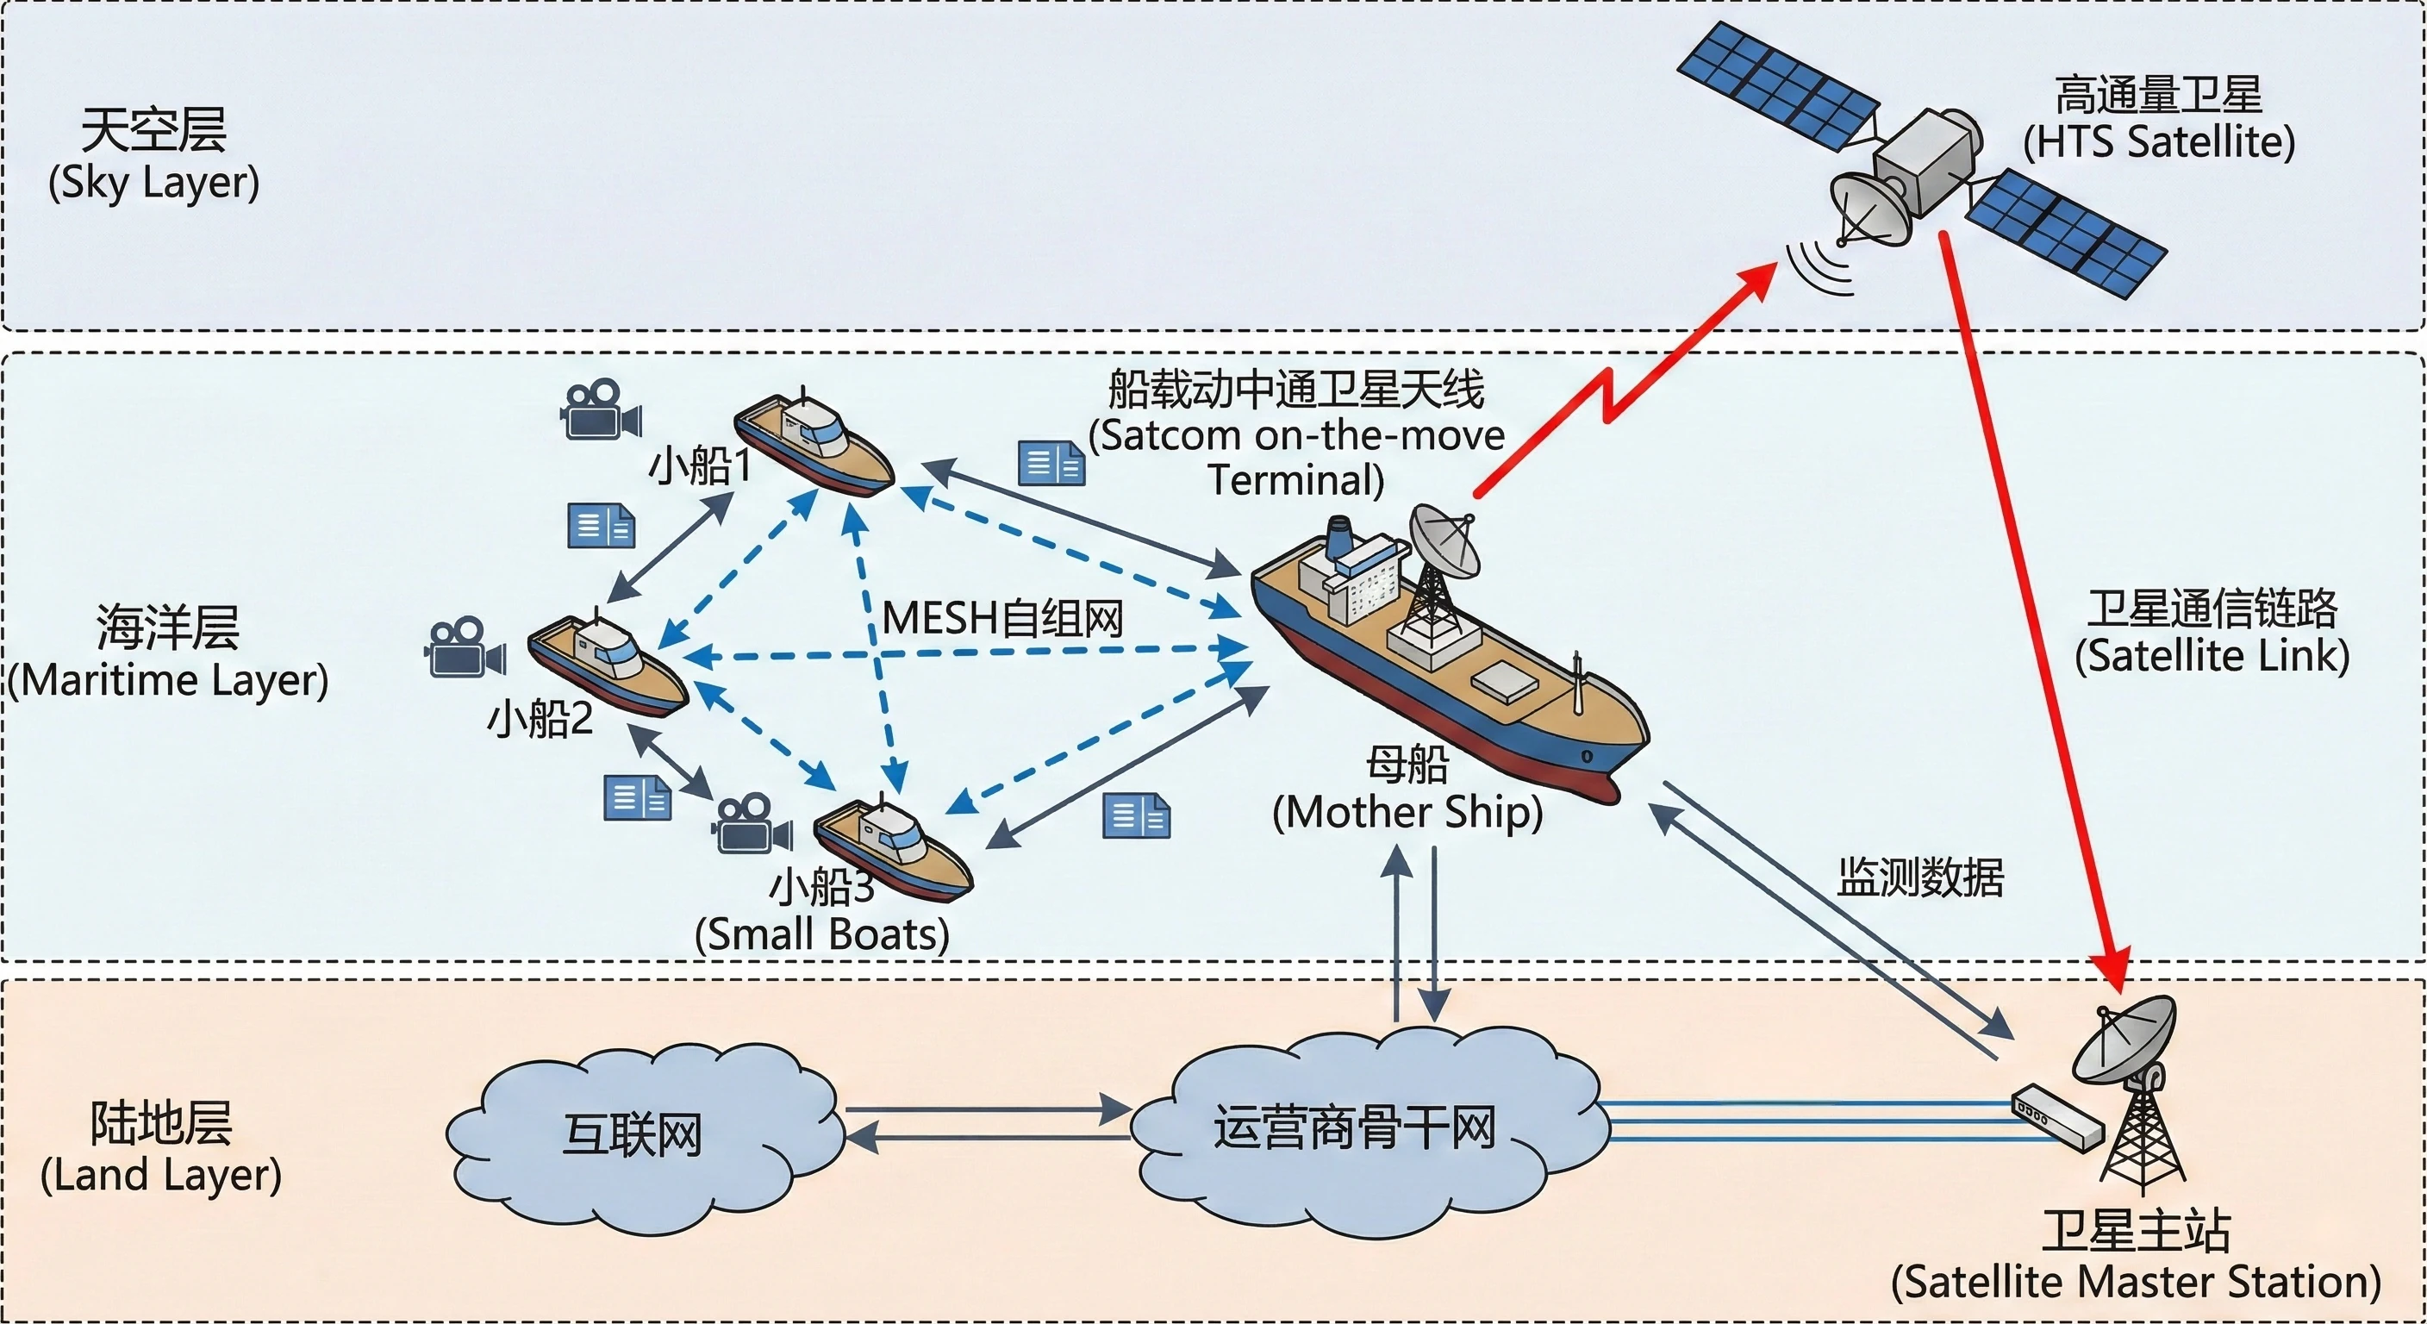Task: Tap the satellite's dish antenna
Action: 1869,208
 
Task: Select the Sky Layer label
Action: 153,155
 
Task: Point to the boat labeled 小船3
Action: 891,847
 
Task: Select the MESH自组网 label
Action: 1002,619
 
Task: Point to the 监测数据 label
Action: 1920,877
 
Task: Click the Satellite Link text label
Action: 2212,631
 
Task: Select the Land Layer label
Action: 160,1148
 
